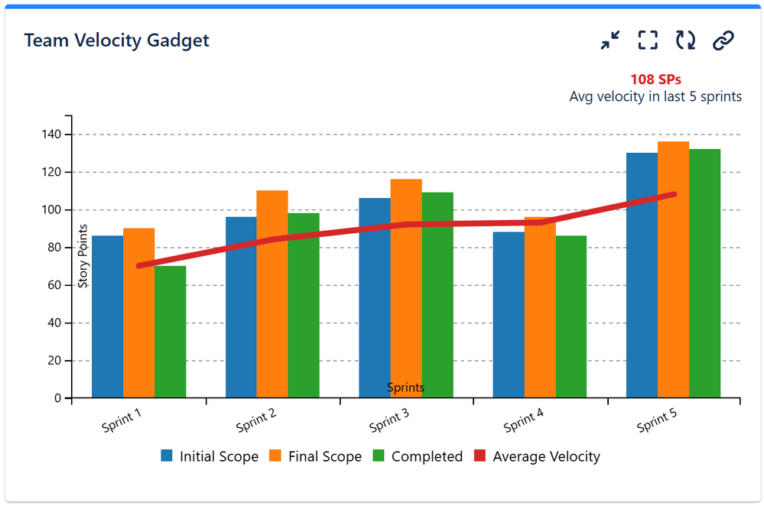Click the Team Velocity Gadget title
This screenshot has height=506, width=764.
(x=116, y=41)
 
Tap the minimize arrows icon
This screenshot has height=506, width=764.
(x=610, y=41)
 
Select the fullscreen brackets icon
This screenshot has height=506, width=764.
(x=648, y=41)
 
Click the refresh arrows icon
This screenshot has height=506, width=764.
(x=685, y=41)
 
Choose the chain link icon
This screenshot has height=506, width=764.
(x=723, y=41)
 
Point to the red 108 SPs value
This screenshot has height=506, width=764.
(x=655, y=79)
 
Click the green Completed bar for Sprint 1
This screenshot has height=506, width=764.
(x=170, y=332)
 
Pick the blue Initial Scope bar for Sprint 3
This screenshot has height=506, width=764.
(x=375, y=298)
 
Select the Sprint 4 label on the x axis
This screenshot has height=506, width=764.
(x=523, y=421)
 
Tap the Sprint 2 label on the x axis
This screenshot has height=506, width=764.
(x=255, y=421)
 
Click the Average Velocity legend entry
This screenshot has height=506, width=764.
(x=537, y=456)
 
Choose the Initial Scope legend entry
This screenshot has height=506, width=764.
(x=210, y=456)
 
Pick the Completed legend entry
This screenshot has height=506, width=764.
(x=418, y=456)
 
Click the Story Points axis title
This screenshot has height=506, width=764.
(x=83, y=255)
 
